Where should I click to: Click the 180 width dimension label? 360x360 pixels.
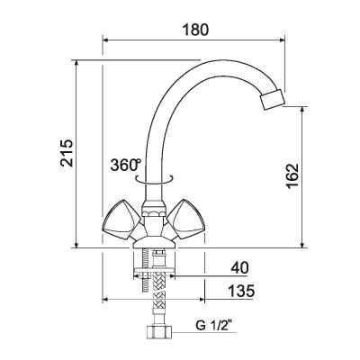click(195, 31)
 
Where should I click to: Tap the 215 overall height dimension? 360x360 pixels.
click(67, 152)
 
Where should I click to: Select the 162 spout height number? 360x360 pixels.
click(292, 176)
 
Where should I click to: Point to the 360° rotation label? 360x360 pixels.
click(125, 165)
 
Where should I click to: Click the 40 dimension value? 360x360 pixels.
click(239, 267)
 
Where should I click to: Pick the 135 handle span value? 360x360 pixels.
click(241, 291)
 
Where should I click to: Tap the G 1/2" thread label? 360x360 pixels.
click(215, 325)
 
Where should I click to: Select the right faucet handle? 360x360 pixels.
click(186, 220)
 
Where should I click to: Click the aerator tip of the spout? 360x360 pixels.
click(272, 100)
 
